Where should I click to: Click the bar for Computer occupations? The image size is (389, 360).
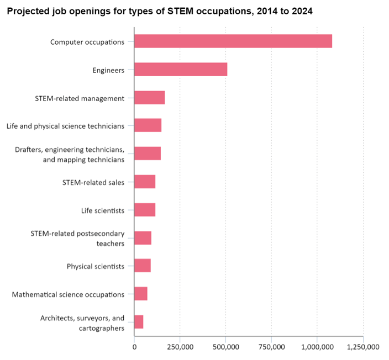pos(233,41)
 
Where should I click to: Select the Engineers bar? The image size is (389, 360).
pos(181,70)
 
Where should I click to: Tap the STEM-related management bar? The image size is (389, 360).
pos(149,98)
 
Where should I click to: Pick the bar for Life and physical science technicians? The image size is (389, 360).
pos(148,125)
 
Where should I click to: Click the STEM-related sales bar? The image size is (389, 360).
pos(145,182)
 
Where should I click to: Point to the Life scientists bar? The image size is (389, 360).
pos(145,210)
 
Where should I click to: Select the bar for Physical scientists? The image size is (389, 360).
pos(143,266)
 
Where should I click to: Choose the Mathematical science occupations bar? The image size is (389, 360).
pos(141,294)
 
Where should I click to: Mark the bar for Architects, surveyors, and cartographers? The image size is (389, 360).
pos(139,322)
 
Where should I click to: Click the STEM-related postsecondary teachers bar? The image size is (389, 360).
pos(143,238)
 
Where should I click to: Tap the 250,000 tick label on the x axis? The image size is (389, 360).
pos(180,347)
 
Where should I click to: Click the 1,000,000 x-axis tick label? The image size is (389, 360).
pos(317,347)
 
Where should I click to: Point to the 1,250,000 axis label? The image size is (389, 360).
pos(363,347)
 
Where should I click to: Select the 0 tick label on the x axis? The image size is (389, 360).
pos(134,347)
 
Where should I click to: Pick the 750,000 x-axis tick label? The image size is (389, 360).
pos(271,347)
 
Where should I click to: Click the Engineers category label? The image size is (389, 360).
pos(108,70)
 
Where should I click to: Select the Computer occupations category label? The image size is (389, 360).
pos(87,42)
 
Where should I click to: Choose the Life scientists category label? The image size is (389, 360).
pos(102,210)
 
